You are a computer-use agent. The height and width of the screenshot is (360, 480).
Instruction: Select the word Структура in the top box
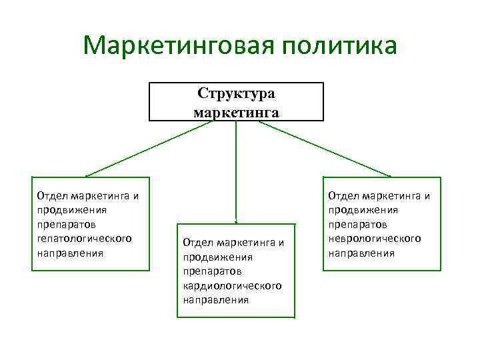tap(236, 93)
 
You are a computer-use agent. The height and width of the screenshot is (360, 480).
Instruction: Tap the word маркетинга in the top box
tap(236, 111)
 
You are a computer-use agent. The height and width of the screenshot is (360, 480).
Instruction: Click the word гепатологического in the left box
tap(84, 239)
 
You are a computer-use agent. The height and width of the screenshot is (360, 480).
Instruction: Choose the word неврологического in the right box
tap(375, 239)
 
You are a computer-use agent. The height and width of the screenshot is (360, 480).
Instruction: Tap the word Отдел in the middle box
tap(196, 242)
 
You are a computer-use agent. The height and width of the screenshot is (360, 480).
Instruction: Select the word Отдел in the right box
tap(342, 195)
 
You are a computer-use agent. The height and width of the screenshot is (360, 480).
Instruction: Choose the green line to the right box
tap(333, 149)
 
